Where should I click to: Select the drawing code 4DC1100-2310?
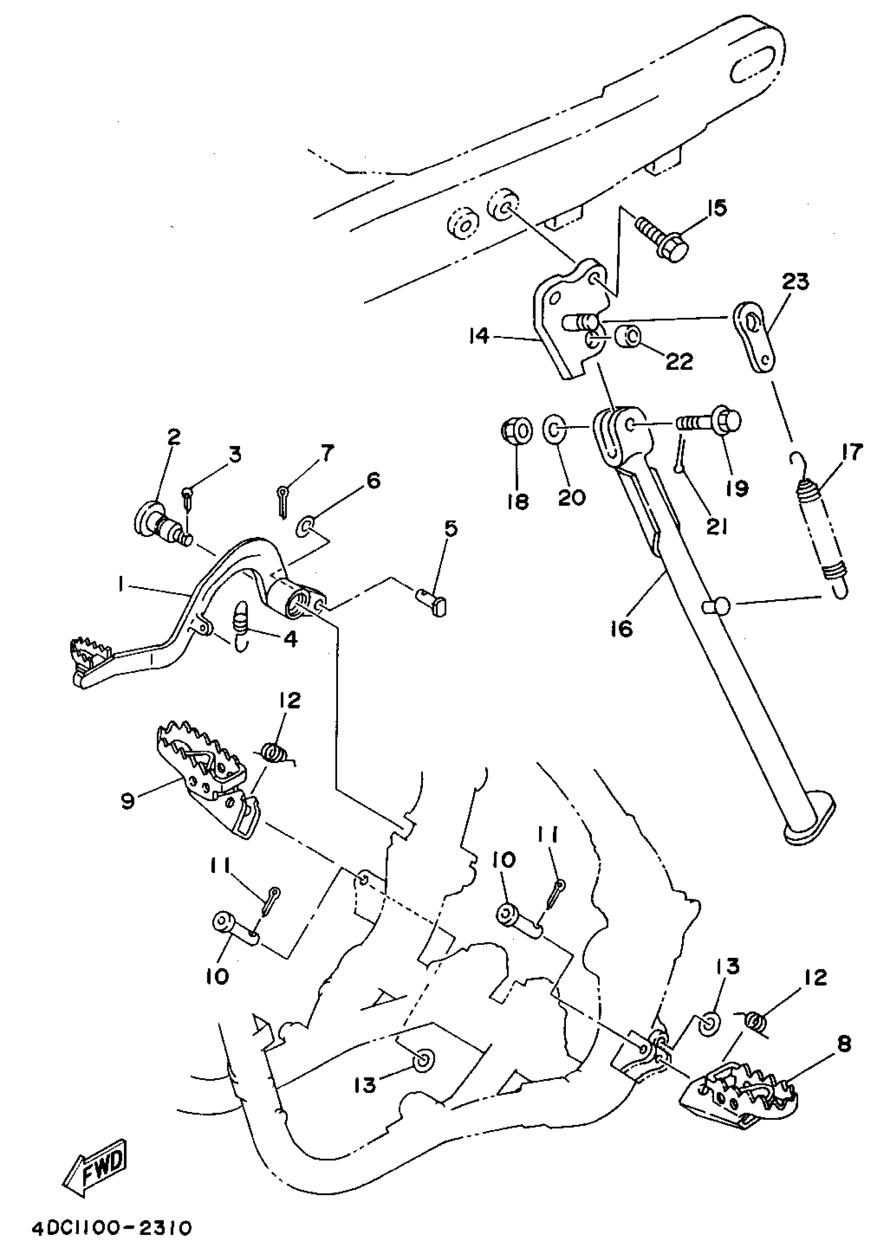[111, 1228]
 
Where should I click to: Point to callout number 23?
[794, 282]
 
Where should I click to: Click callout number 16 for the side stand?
[622, 628]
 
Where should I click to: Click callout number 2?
[173, 436]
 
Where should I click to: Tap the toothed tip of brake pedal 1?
[91, 654]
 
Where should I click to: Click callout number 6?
[373, 480]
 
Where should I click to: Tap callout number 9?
[127, 802]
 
